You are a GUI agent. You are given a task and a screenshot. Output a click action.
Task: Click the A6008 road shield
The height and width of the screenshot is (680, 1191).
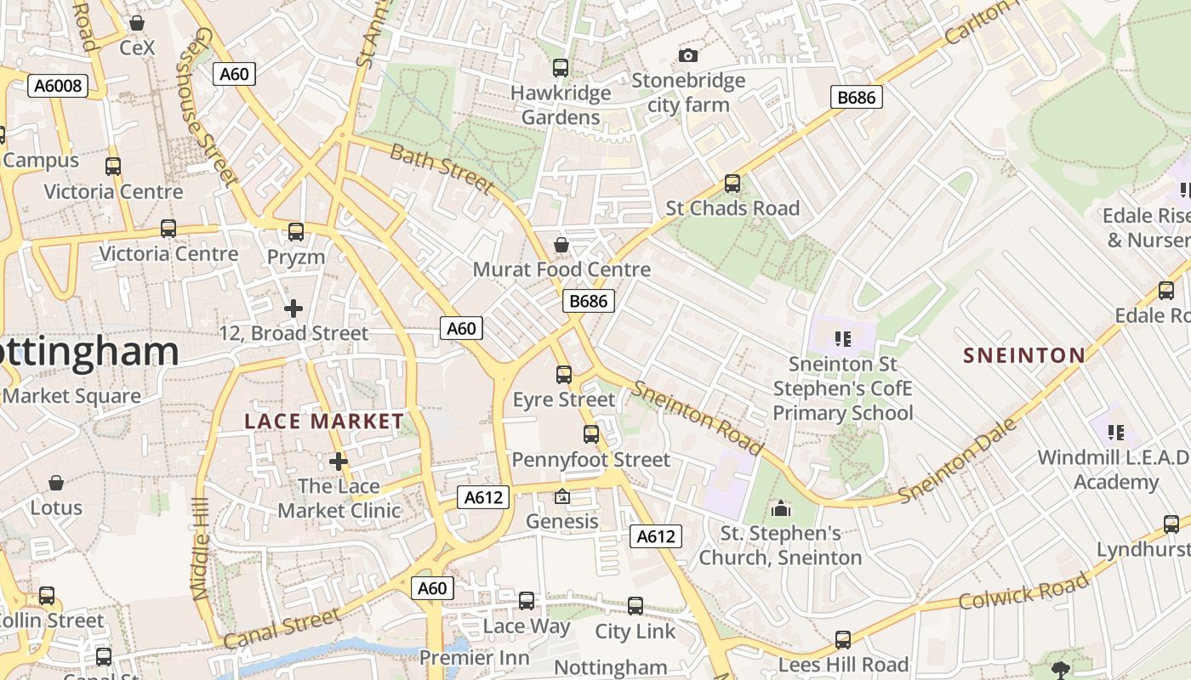pos(58,85)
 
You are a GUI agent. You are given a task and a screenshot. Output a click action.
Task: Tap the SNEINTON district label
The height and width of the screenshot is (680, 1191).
pos(1023,355)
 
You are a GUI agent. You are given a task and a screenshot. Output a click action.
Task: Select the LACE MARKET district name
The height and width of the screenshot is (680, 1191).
pos(323,421)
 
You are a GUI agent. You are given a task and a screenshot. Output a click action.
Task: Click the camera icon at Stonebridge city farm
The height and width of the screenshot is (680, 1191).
pos(688,56)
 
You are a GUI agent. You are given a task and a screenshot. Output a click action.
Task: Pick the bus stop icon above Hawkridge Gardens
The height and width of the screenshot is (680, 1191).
pos(560,68)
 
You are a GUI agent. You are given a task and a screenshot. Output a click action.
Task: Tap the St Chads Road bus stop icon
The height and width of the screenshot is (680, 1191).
pos(732,184)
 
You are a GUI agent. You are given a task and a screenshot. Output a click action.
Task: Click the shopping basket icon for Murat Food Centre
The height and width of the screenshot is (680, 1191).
pos(561,246)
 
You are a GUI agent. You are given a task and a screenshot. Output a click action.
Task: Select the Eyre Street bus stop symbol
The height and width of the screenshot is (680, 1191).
pos(563,375)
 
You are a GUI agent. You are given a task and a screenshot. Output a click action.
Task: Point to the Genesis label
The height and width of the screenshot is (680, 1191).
pos(561,521)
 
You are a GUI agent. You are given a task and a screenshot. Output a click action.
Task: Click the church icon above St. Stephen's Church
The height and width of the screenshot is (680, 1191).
pos(780,509)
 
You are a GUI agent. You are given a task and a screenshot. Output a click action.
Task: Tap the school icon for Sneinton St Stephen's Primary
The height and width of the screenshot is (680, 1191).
pos(843,340)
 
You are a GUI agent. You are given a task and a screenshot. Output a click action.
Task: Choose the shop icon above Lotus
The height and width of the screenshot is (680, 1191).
pos(56,484)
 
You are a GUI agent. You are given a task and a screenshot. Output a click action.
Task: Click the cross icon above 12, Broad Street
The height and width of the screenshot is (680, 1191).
pos(293,309)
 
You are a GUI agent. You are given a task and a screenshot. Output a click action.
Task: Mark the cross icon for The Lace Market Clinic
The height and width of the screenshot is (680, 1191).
pos(339,462)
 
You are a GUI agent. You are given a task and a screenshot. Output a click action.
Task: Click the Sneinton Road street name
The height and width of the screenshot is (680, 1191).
pos(697,416)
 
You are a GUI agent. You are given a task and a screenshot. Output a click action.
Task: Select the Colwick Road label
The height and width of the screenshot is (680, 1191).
pos(1023,591)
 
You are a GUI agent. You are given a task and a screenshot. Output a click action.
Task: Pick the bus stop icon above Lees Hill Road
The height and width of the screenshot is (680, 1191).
pos(842,640)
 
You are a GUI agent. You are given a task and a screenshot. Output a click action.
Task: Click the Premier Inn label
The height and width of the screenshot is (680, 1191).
pos(474,658)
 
